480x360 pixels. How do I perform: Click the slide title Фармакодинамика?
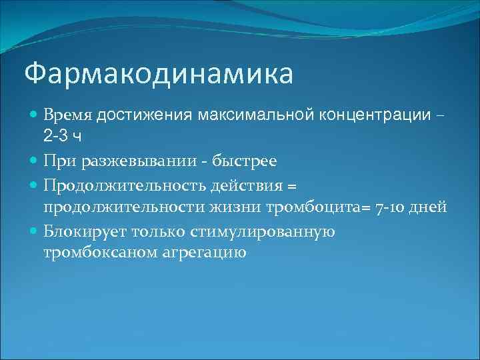(x=158, y=74)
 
